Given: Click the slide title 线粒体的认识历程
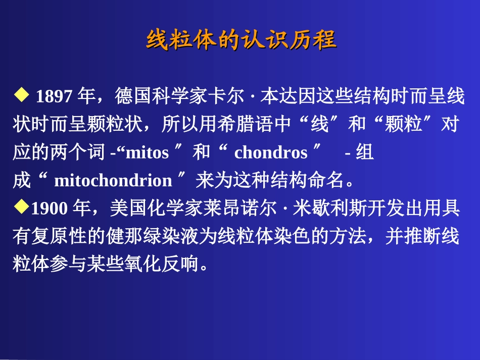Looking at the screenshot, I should pos(241,40).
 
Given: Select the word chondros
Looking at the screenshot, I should pos(271,153).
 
